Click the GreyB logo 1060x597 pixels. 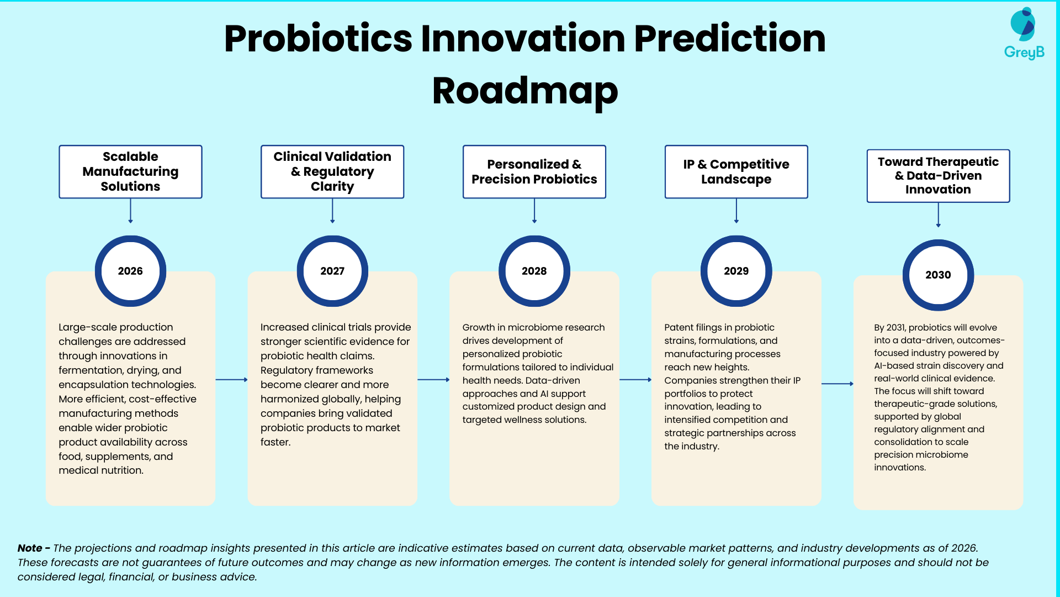click(1024, 33)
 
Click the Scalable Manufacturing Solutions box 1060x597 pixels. click(130, 171)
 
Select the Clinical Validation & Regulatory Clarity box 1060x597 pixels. click(332, 171)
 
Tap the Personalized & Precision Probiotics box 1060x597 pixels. click(534, 171)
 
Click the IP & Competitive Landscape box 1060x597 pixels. click(736, 171)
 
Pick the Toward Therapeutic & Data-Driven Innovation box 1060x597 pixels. click(938, 176)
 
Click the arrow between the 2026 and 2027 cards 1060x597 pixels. click(231, 380)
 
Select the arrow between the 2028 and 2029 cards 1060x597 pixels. click(635, 380)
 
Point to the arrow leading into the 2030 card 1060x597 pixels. click(838, 384)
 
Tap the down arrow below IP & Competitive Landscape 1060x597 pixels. click(736, 211)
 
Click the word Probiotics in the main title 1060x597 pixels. click(318, 39)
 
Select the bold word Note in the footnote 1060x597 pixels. click(30, 548)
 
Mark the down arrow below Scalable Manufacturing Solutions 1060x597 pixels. click(130, 211)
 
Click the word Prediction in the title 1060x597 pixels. click(730, 39)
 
